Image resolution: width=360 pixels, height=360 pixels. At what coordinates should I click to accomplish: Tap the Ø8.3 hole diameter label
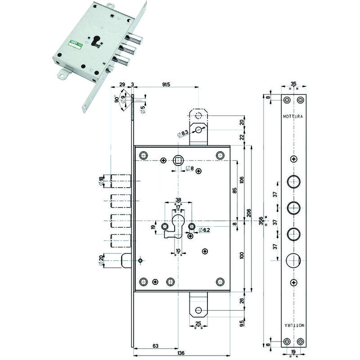coord(183,133)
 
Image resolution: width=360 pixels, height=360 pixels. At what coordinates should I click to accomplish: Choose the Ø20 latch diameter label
coord(102,261)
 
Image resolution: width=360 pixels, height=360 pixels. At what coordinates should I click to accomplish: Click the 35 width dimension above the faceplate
coord(293,84)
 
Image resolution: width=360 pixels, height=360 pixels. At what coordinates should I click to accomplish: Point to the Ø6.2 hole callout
coord(205,229)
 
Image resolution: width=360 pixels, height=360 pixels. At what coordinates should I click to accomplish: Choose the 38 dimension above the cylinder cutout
coord(178,200)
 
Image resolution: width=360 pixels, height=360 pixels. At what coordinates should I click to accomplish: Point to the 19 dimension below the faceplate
coord(293,352)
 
